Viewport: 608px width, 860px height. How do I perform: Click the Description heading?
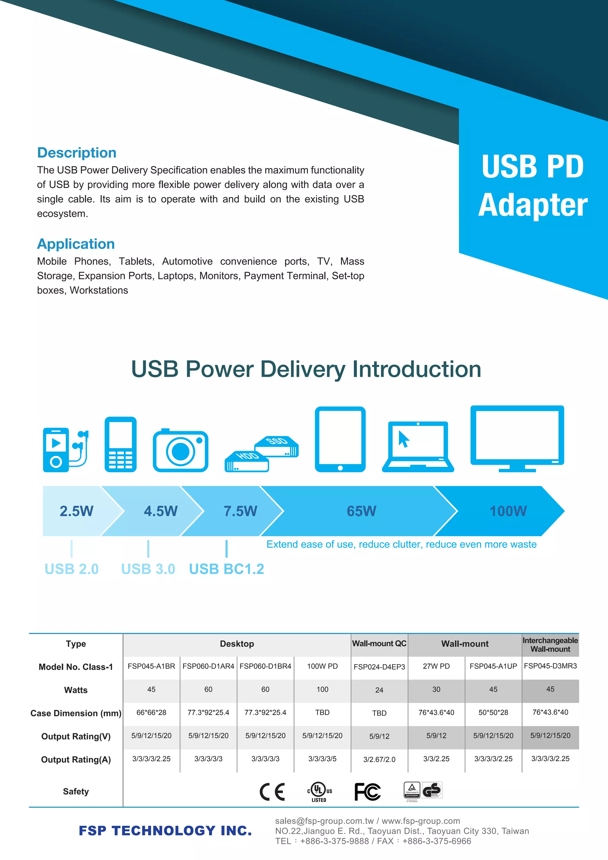point(77,153)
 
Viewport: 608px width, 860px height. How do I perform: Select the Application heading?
point(76,244)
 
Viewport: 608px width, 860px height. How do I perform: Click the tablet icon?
point(340,439)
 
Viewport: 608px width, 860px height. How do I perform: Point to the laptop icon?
point(418,446)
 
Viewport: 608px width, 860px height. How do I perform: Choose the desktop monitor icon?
point(517,438)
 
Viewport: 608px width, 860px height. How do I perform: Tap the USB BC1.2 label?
point(227,569)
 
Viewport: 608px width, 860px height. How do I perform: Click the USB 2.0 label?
point(72,569)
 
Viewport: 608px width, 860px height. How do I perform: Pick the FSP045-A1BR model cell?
point(151,666)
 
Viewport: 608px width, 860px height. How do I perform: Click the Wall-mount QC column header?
point(379,644)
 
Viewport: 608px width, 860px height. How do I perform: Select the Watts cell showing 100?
point(322,690)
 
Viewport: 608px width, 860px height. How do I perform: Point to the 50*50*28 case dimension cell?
point(493,712)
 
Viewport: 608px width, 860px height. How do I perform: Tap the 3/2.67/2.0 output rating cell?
point(379,759)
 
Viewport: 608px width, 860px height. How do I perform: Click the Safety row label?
point(76,791)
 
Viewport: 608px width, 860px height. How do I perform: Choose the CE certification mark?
point(272,792)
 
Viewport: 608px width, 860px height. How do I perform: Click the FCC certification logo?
point(368,792)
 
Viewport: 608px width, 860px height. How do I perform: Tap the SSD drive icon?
point(277,446)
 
